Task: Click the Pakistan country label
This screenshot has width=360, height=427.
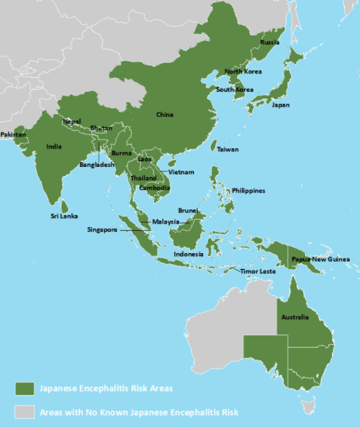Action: tap(13, 134)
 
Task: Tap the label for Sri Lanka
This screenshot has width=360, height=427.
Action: tap(63, 216)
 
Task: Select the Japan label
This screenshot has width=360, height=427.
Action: tap(280, 105)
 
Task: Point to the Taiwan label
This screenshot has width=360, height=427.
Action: tap(227, 150)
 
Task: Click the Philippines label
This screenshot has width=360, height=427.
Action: tap(248, 191)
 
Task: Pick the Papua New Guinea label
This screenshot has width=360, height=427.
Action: tap(320, 259)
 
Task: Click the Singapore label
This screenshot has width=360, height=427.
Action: tap(102, 229)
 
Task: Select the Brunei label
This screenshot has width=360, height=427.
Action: tap(188, 210)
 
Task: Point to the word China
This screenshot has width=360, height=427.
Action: tap(165, 114)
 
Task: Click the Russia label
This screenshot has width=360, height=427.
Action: tap(270, 42)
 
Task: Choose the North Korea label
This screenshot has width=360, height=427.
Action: tap(243, 72)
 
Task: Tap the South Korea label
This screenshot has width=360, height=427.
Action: tap(234, 90)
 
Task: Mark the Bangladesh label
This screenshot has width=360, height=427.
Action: tap(97, 165)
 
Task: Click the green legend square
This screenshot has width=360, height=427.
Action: tap(26, 388)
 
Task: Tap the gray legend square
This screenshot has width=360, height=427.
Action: tap(26, 412)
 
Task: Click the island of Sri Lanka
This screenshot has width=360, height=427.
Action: tap(65, 206)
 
